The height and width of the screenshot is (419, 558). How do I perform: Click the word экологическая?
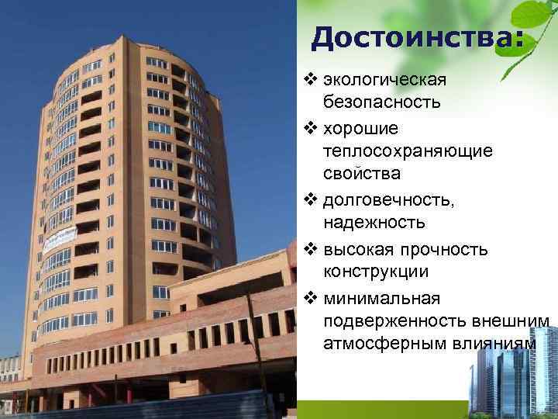384,80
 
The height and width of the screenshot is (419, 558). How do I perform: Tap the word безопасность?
382,102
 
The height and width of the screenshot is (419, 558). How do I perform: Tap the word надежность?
374,223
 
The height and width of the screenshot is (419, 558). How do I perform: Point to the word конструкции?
376,273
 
